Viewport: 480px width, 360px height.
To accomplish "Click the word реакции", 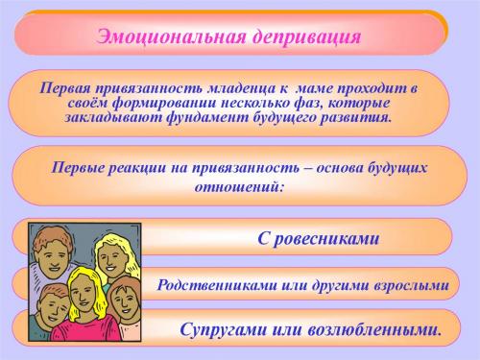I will tap(147, 167).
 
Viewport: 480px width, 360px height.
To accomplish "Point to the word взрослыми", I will tap(408, 285).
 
